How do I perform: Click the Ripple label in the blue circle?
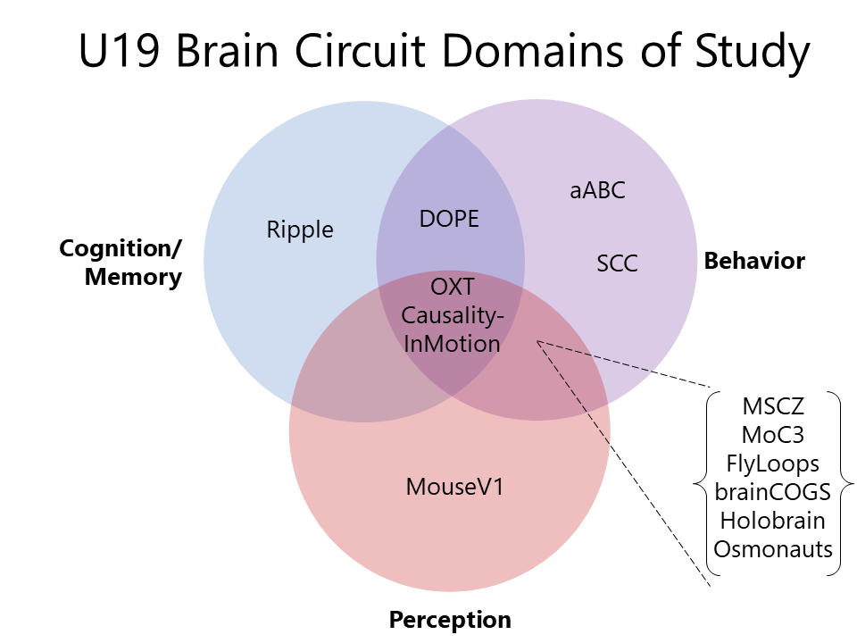tap(300, 230)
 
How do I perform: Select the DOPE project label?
tap(449, 219)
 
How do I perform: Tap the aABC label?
tap(597, 190)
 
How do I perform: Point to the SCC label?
tap(617, 263)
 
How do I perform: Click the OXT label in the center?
tap(452, 287)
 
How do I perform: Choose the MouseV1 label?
tap(454, 487)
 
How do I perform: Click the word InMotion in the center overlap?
tap(452, 344)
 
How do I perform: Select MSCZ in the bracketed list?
tap(773, 406)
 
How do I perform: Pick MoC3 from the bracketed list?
tap(773, 435)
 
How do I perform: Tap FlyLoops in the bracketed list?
tap(773, 463)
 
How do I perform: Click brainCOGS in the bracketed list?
tap(773, 492)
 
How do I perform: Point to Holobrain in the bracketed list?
tap(773, 521)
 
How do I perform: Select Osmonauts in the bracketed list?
tap(773, 549)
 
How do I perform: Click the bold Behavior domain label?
tap(754, 261)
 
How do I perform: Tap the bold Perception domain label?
tap(450, 620)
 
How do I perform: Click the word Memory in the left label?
tap(133, 277)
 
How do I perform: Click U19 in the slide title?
tap(119, 51)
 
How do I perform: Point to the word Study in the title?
tap(752, 53)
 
